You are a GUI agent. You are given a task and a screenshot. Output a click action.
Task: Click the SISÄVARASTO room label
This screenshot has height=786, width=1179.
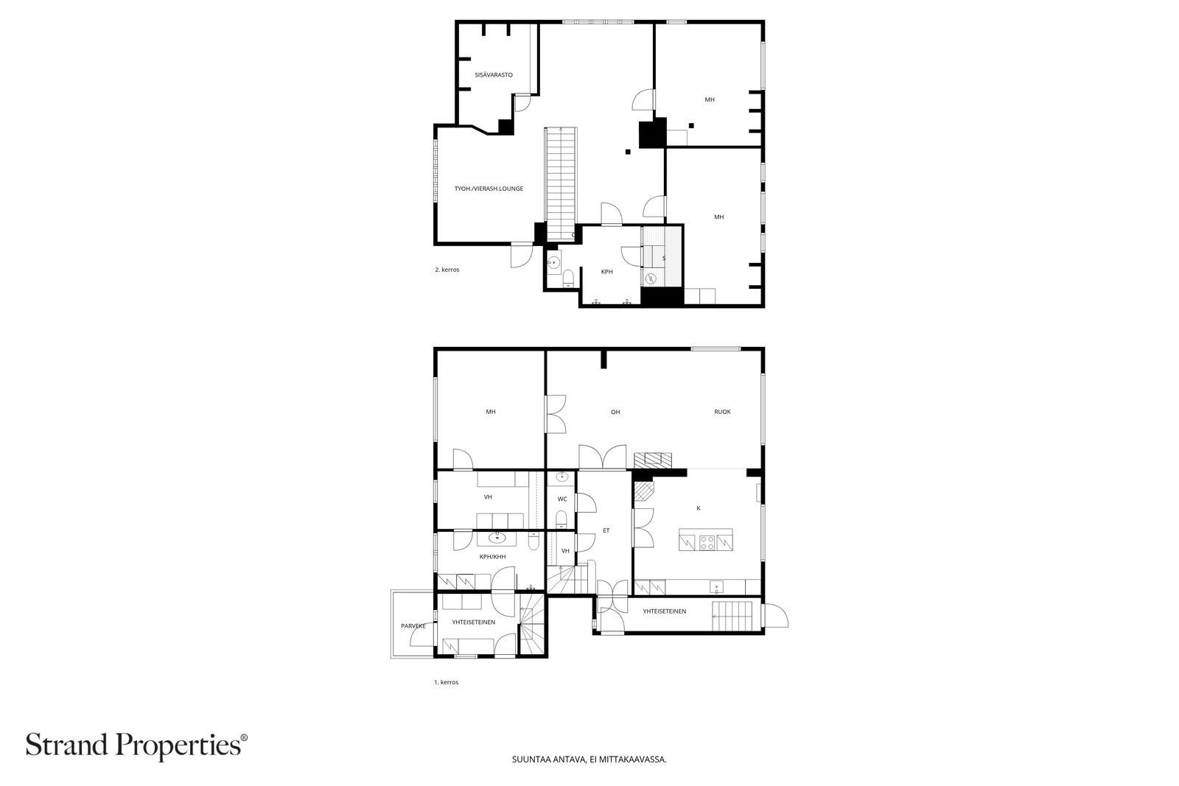(x=494, y=75)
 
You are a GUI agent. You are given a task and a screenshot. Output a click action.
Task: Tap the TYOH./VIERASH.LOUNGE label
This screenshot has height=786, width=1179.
(x=489, y=189)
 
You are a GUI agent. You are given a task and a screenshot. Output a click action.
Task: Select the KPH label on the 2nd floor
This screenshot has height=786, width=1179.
(x=607, y=272)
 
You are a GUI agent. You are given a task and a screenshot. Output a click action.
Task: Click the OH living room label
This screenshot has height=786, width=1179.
(x=615, y=412)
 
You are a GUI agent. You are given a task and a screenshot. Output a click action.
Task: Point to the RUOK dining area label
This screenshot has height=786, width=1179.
(x=722, y=412)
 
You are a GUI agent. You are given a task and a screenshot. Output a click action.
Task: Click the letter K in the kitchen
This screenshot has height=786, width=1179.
(x=699, y=508)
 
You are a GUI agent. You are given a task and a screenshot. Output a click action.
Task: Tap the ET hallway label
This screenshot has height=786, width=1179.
(x=606, y=531)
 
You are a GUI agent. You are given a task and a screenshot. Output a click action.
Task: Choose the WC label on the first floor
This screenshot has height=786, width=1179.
(x=562, y=499)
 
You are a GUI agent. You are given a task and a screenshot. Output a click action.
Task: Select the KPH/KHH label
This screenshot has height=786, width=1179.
(x=493, y=557)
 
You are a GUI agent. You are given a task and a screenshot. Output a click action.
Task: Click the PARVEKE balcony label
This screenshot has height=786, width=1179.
(x=413, y=626)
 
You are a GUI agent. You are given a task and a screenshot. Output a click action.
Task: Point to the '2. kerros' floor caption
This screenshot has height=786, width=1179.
(x=447, y=270)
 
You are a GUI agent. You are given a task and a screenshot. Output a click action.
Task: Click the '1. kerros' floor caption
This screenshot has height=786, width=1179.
(x=447, y=682)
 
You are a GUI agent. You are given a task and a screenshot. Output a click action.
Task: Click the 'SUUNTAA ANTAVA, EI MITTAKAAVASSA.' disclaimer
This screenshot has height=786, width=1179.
(x=589, y=759)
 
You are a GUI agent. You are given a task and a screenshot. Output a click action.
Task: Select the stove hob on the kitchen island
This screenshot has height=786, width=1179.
(x=707, y=542)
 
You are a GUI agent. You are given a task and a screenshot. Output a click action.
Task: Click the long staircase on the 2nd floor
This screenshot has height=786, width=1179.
(x=561, y=184)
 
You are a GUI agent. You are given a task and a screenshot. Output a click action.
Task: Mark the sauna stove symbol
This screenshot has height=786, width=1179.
(x=651, y=278)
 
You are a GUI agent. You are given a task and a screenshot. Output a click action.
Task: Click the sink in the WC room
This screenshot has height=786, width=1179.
(x=561, y=477)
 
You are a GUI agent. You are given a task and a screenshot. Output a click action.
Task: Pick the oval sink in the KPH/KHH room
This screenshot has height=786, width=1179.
(x=497, y=538)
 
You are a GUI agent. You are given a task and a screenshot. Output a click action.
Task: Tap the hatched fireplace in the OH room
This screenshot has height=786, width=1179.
(x=653, y=460)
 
